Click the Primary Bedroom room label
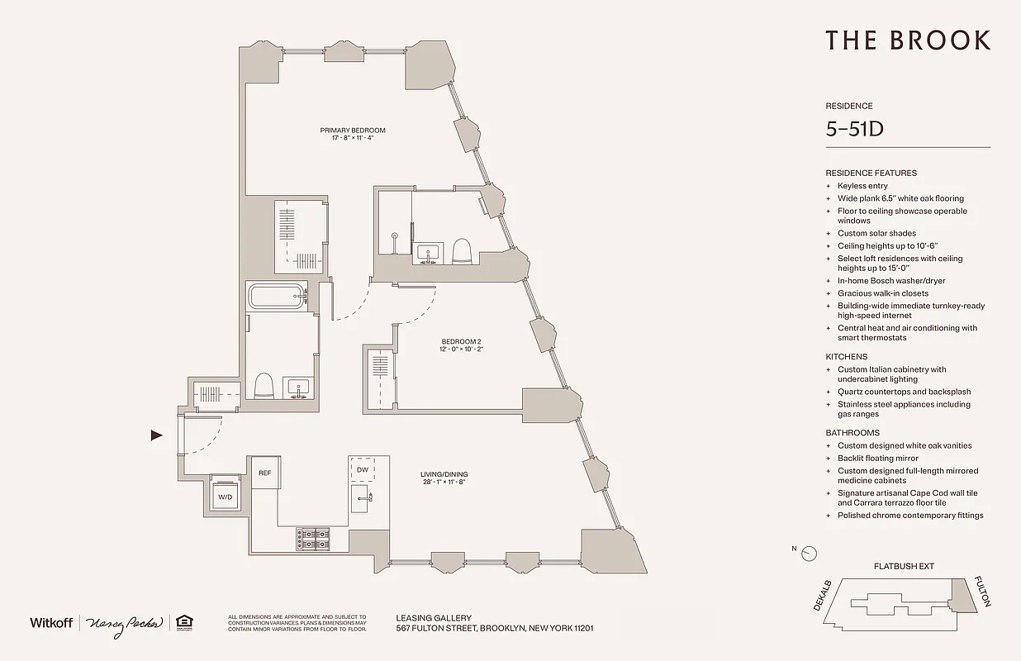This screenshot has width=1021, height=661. [353, 131]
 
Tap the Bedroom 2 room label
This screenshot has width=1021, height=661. [461, 341]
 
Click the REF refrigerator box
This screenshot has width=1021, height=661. [264, 473]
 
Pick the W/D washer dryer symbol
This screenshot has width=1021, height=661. [226, 497]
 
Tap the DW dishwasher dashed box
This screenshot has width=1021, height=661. [362, 469]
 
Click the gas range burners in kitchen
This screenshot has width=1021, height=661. [313, 539]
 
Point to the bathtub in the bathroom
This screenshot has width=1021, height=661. [276, 296]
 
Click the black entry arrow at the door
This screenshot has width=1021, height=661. [157, 435]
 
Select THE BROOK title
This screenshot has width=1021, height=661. [907, 40]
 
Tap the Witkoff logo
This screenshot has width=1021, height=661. [51, 622]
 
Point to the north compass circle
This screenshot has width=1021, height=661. [810, 553]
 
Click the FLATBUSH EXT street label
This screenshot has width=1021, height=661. [904, 567]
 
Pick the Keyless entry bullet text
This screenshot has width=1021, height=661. [862, 186]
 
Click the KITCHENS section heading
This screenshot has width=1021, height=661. [847, 357]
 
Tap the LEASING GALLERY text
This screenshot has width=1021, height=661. [434, 617]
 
